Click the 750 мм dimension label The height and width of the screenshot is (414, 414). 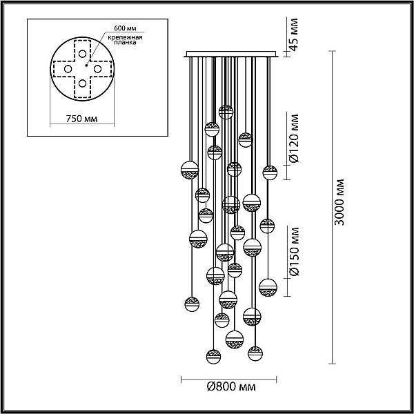81,119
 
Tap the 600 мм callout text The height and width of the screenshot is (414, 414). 125,28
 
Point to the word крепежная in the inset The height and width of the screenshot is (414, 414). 125,37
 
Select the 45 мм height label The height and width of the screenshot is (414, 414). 293,34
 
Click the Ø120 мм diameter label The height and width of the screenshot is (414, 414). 294,139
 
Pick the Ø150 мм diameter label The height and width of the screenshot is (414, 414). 294,252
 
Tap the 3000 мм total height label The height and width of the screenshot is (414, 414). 339,202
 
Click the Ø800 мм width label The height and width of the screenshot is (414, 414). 231,387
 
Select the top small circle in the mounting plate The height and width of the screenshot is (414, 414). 82,54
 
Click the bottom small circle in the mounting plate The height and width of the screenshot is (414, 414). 82,83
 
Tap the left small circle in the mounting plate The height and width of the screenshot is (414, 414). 68,69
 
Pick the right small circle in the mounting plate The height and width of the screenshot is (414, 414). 97,69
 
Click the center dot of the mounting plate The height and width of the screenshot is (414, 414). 86,66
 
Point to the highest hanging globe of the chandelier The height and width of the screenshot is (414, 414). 226,112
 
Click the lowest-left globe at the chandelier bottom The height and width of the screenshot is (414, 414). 213,357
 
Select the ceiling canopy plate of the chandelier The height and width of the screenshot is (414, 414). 231,54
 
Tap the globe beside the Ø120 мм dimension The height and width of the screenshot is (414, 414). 270,172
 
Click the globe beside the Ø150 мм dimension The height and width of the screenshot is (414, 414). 268,288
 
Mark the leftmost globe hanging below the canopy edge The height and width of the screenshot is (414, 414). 190,170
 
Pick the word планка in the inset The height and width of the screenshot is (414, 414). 125,43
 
